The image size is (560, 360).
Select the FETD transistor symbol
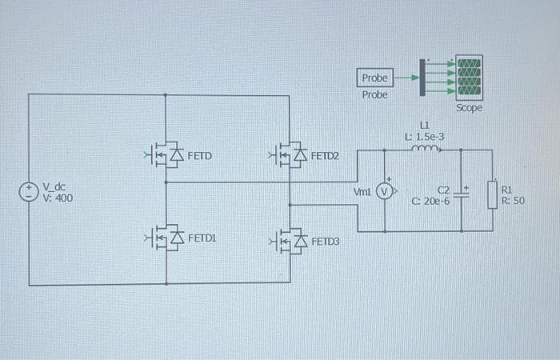tap(166, 155)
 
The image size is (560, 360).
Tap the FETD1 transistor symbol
tap(166, 238)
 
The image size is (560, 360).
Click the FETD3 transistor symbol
tap(290, 240)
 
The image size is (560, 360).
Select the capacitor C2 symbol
tap(462, 193)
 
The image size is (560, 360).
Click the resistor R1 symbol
tap(494, 194)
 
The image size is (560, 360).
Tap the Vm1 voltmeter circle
tap(385, 191)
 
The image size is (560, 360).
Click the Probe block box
tap(374, 78)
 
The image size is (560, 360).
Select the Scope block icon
tap(469, 78)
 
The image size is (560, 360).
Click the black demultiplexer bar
tap(422, 78)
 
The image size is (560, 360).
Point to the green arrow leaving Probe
tap(406, 78)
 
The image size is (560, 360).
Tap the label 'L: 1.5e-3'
tap(424, 136)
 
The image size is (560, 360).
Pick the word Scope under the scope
tap(469, 107)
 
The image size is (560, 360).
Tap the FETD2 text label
tap(325, 155)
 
